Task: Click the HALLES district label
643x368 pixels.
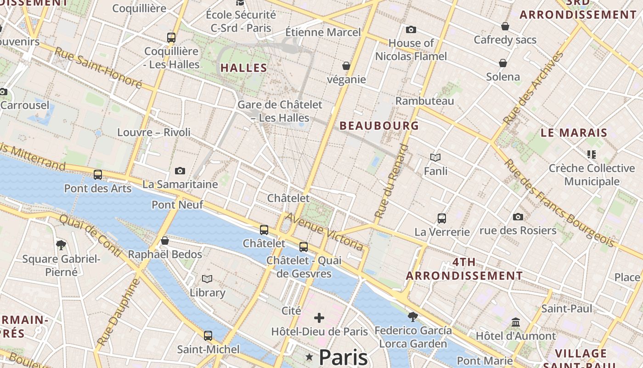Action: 244,68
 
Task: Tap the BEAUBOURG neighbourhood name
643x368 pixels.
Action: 379,126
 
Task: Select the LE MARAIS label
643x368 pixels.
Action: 574,133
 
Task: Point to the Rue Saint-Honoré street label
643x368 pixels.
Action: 98,67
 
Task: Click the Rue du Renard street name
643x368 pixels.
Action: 391,181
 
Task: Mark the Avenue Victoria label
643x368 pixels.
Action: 324,231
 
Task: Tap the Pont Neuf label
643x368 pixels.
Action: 177,205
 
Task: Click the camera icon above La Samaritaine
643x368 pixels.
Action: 180,171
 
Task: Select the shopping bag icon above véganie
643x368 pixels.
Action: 346,66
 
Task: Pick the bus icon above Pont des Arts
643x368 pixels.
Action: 98,175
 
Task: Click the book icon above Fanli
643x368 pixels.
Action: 435,158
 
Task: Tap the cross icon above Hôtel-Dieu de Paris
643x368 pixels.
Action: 319,318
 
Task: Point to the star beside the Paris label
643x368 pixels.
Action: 310,357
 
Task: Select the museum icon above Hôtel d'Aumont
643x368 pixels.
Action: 516,322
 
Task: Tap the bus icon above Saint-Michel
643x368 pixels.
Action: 208,336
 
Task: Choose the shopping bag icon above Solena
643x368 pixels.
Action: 503,63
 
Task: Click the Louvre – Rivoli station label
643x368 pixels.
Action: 154,132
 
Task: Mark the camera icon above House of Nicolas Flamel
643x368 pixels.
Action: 411,30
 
